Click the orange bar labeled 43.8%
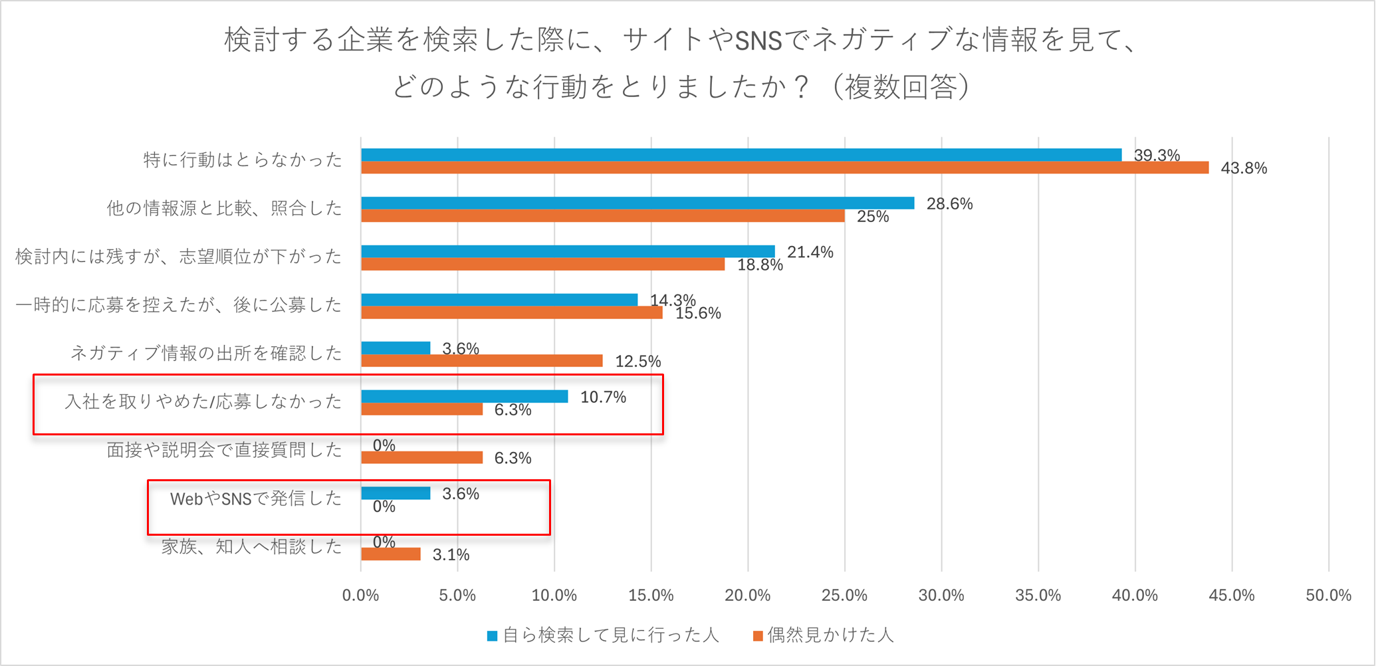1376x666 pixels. click(784, 167)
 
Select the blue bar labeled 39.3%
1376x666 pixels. click(741, 155)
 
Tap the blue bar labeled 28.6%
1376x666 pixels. click(637, 203)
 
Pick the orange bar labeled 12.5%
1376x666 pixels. click(482, 361)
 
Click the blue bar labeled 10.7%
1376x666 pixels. click(465, 397)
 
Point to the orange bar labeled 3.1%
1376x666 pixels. click(391, 554)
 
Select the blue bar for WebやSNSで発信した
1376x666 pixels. click(396, 493)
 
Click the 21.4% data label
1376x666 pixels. click(810, 253)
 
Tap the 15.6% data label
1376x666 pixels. click(698, 313)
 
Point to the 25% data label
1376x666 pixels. click(873, 217)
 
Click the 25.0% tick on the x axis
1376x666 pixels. click(844, 596)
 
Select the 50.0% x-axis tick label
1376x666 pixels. click(1328, 596)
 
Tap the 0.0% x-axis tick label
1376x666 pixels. click(360, 596)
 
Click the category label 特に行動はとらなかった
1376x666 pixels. click(243, 160)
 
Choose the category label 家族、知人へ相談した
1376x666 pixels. click(251, 547)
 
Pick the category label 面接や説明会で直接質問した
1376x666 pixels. click(224, 451)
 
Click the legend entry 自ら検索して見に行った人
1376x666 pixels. click(610, 635)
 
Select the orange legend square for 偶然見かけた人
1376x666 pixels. click(758, 636)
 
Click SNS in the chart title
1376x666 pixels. click(758, 41)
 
